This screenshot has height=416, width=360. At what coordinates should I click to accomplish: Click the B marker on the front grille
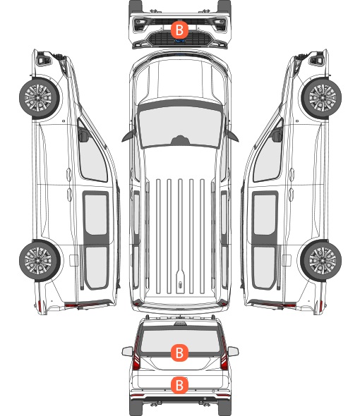pyautogui.click(x=179, y=30)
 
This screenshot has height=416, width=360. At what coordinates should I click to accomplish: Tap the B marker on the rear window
pyautogui.click(x=179, y=353)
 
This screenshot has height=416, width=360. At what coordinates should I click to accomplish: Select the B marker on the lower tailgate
pyautogui.click(x=179, y=385)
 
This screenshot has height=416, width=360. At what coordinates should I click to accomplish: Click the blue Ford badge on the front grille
pyautogui.click(x=180, y=41)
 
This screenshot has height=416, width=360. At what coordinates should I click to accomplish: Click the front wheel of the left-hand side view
pyautogui.click(x=40, y=98)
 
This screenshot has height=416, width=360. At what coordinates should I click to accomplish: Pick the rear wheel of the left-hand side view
pyautogui.click(x=40, y=261)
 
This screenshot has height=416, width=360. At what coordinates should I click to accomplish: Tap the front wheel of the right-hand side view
pyautogui.click(x=321, y=98)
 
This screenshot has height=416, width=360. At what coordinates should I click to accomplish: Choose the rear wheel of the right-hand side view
pyautogui.click(x=320, y=261)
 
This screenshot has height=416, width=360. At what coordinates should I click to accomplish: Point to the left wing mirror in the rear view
pyautogui.click(x=128, y=352)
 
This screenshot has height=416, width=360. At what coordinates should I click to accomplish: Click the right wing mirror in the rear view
pyautogui.click(x=233, y=352)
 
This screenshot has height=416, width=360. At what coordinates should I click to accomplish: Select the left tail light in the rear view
pyautogui.click(x=136, y=355)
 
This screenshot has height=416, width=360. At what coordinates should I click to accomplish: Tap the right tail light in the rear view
pyautogui.click(x=224, y=355)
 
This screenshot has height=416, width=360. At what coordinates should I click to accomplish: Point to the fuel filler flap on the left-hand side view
pyautogui.click(x=73, y=260)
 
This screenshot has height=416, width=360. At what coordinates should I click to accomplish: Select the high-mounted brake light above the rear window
pyautogui.click(x=180, y=324)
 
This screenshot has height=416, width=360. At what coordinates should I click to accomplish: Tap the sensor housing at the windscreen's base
pyautogui.click(x=180, y=140)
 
